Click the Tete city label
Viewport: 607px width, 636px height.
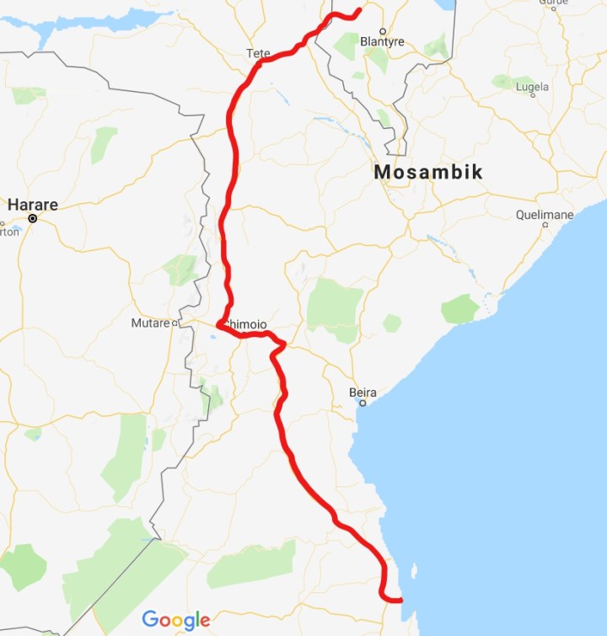258,53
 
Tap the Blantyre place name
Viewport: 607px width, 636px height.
382,41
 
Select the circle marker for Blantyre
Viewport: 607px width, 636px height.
382,30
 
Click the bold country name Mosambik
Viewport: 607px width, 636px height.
428,173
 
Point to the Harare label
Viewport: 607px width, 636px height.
32,205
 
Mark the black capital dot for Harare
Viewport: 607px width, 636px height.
33,219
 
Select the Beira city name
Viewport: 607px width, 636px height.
363,393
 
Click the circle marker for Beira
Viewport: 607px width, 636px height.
363,404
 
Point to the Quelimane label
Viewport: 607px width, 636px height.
545,215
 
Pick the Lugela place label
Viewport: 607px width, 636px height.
531,87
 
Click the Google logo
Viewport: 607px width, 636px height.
175,620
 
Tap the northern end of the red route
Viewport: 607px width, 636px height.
359,10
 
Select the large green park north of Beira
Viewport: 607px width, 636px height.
335,307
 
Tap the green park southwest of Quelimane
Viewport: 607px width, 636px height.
460,308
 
